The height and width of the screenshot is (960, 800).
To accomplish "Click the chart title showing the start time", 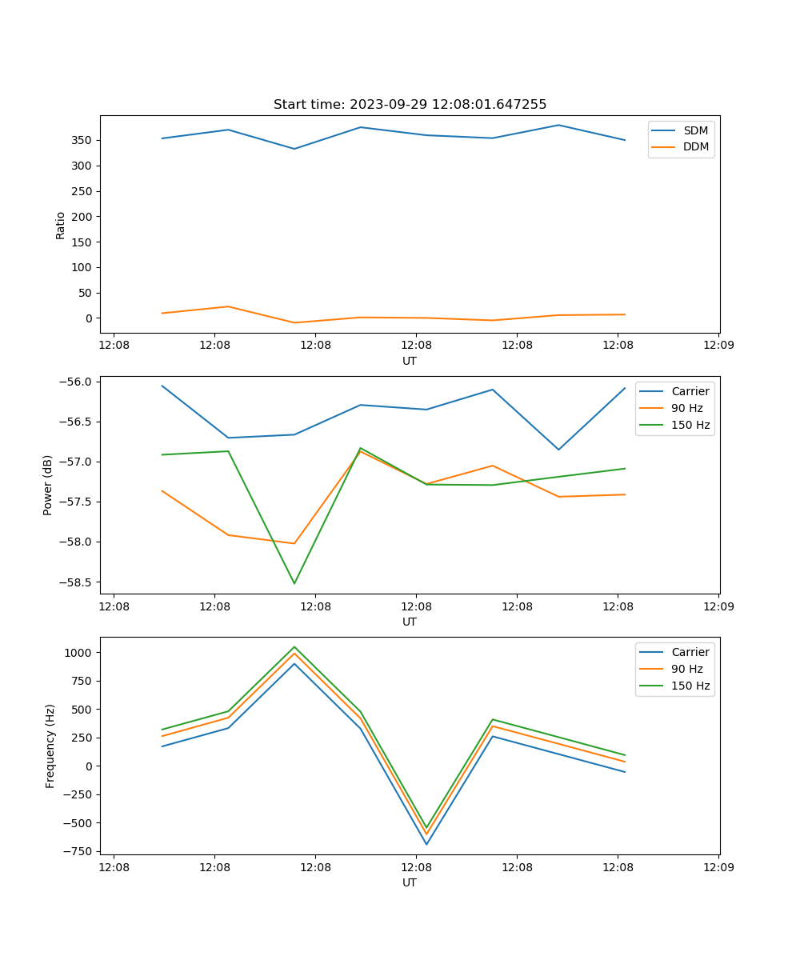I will coord(410,105).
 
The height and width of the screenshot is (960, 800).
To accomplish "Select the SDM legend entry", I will coord(695,130).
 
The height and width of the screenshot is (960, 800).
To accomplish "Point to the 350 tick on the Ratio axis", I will coord(82,141).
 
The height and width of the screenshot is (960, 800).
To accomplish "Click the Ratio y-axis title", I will coord(61,225).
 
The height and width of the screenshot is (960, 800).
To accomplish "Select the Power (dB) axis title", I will coord(48,485).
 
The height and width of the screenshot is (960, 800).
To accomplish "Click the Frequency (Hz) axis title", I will coord(50,746).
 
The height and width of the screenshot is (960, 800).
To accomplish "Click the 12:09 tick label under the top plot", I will coord(718,345).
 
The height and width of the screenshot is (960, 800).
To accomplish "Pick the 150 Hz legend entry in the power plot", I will coord(690,425).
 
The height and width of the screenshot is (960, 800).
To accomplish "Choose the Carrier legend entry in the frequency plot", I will coord(690,652).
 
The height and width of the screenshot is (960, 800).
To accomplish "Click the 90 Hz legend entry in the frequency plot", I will coord(686,669).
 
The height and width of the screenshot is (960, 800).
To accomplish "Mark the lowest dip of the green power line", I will coord(294,583).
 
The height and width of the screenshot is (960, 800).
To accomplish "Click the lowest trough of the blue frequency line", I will coord(426,844).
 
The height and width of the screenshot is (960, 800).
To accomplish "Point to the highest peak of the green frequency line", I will coord(294,646).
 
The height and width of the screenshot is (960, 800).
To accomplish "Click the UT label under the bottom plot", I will coord(410,882).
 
